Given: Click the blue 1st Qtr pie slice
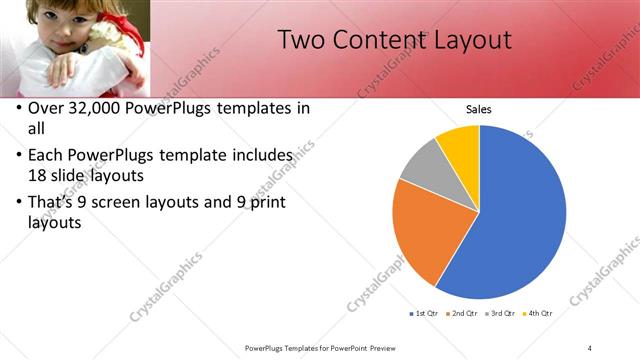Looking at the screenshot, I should (520, 220).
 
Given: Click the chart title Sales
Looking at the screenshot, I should (480, 110).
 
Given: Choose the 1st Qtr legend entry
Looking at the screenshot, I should (424, 313).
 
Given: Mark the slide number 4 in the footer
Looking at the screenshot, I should (590, 347).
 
